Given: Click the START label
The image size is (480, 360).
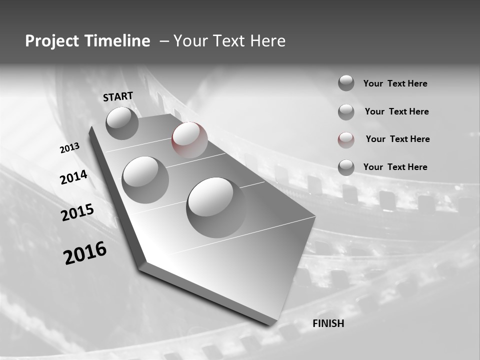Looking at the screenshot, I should [x=118, y=96].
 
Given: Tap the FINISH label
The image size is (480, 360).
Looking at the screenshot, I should [x=328, y=323].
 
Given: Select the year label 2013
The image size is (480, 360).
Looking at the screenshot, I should [x=70, y=148].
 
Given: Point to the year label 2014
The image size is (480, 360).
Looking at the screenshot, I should [x=73, y=177].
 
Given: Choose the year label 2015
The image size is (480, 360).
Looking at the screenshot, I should [x=77, y=213].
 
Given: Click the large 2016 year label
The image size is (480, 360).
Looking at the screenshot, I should [x=85, y=253].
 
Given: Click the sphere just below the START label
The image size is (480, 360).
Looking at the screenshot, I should [x=122, y=123].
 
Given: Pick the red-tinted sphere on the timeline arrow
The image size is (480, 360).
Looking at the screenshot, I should [x=189, y=139].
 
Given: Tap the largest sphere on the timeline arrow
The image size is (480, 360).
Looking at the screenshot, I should [x=216, y=203].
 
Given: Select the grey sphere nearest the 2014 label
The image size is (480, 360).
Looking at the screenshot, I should [x=145, y=179].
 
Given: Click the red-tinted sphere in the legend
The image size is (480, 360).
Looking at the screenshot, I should [x=346, y=140].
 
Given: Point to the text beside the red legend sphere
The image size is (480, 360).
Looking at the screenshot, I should [x=397, y=139].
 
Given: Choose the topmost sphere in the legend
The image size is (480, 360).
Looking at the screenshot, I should [x=346, y=83].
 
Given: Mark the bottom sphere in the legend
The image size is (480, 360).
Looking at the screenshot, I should [x=346, y=167].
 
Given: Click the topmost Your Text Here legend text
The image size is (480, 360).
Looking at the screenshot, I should [x=395, y=83].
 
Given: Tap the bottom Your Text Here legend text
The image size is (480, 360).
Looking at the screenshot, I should [x=395, y=167].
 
